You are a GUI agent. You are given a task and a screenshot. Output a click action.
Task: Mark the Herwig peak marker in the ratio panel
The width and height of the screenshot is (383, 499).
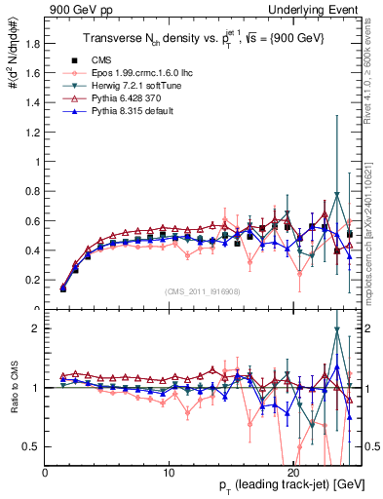pos(336,329)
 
